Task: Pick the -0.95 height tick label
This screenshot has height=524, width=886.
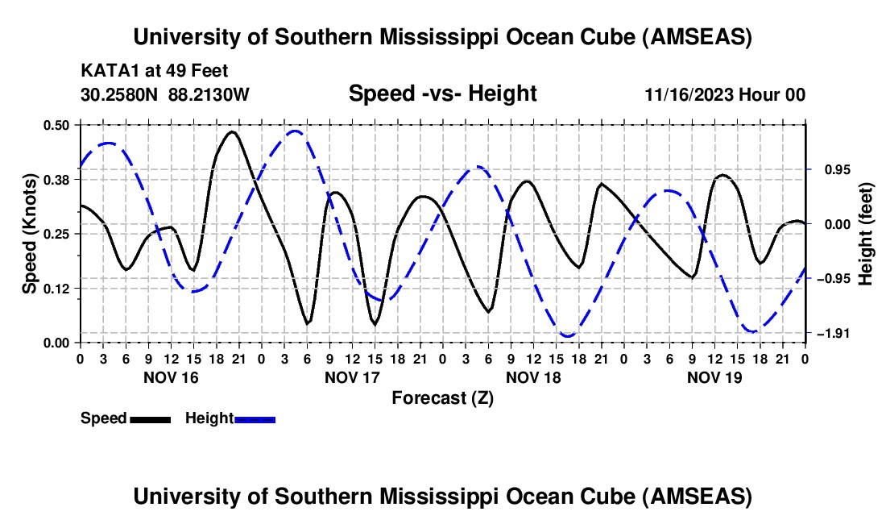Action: click(830, 279)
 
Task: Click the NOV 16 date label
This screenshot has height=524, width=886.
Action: click(170, 377)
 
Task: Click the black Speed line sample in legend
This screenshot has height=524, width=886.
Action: click(150, 419)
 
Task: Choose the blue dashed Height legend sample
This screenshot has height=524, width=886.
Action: click(255, 419)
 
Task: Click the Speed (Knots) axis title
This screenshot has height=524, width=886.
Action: click(30, 234)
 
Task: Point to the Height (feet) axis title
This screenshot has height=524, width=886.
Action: click(866, 234)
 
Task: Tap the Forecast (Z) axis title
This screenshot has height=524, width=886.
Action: click(442, 397)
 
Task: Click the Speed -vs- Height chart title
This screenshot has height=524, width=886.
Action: click(442, 94)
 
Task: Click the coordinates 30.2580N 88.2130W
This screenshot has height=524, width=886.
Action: click(165, 94)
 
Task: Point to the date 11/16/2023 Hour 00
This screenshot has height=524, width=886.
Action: click(725, 94)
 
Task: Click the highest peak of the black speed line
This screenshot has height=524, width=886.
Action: click(233, 131)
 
